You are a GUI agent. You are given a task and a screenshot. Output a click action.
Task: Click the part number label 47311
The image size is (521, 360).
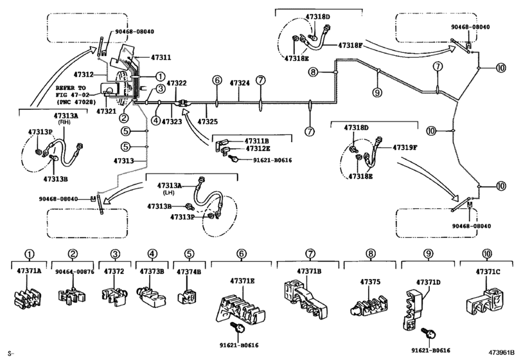point(161,58)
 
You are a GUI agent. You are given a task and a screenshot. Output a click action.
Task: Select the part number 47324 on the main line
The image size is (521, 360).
point(240,83)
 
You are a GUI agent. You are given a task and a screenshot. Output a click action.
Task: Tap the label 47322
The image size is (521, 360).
point(177,84)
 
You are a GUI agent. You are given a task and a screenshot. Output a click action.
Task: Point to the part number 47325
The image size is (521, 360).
point(207,122)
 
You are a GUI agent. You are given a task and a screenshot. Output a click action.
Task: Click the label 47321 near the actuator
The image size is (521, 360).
point(106,111)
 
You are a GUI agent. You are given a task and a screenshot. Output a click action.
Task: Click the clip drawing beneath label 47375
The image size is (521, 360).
point(369,302)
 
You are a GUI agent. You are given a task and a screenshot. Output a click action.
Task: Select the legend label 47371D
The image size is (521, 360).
point(428,282)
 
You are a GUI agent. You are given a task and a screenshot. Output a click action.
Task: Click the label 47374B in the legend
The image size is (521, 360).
point(189,272)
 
